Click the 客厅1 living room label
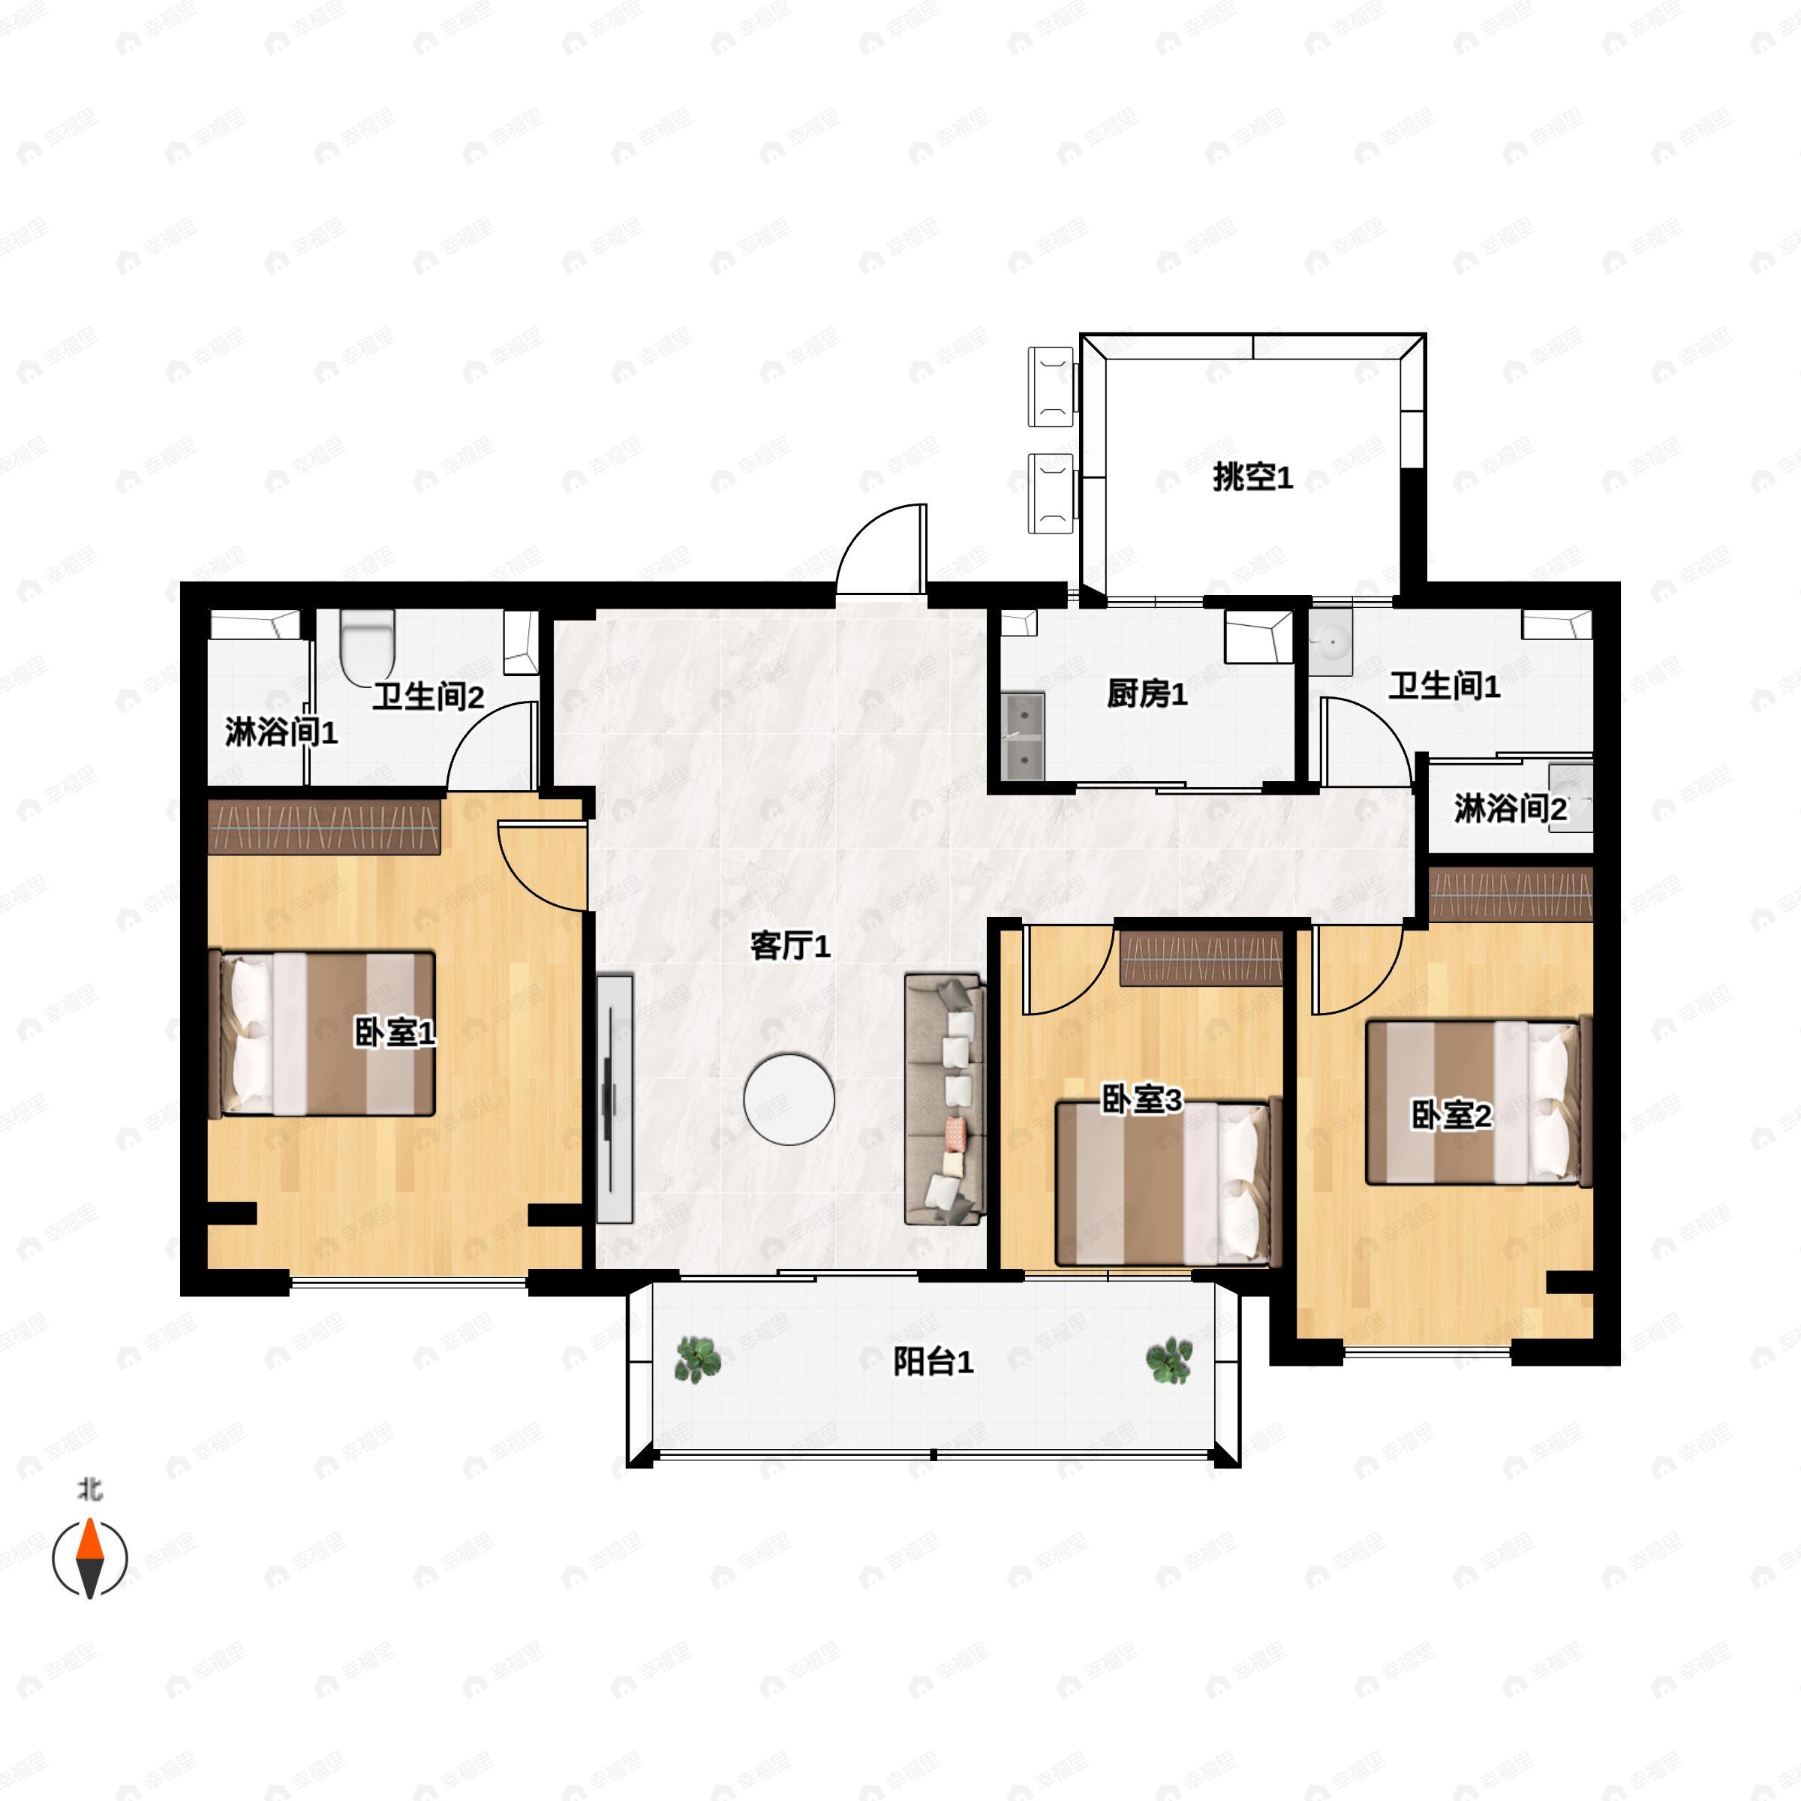[789, 947]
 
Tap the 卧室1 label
[394, 1033]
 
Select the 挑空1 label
[1252, 478]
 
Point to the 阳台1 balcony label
[933, 1362]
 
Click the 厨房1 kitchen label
[1147, 694]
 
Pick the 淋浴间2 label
[1510, 809]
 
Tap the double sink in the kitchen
[1023, 735]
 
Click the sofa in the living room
[944, 1099]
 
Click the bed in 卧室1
[327, 1033]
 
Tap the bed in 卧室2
[1478, 1103]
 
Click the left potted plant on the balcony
[697, 1359]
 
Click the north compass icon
[89, 1558]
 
